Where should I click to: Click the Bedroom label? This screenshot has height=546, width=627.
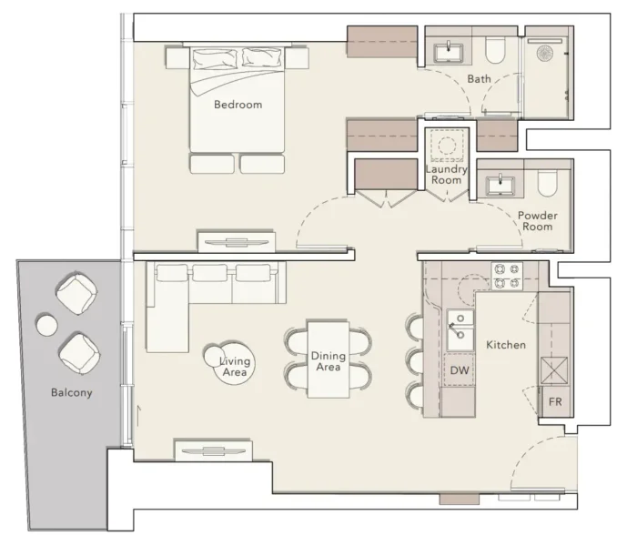tap(238, 105)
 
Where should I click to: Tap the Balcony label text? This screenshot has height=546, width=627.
tap(71, 393)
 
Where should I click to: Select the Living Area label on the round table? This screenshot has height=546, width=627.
tap(235, 366)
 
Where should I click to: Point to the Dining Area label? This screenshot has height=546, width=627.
tap(327, 361)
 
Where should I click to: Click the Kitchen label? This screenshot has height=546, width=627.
tap(505, 346)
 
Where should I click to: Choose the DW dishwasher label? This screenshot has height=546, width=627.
tap(459, 371)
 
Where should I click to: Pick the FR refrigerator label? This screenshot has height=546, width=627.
tap(553, 399)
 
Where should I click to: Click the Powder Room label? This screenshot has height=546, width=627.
tap(537, 221)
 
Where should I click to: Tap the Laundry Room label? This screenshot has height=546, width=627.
tap(446, 174)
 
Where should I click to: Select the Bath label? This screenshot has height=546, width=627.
tap(479, 79)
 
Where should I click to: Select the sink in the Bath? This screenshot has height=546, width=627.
tap(450, 50)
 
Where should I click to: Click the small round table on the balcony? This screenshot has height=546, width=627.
tap(45, 323)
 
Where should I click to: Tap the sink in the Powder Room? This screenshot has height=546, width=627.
tap(501, 187)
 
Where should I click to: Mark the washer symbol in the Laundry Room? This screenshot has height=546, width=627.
tap(446, 146)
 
